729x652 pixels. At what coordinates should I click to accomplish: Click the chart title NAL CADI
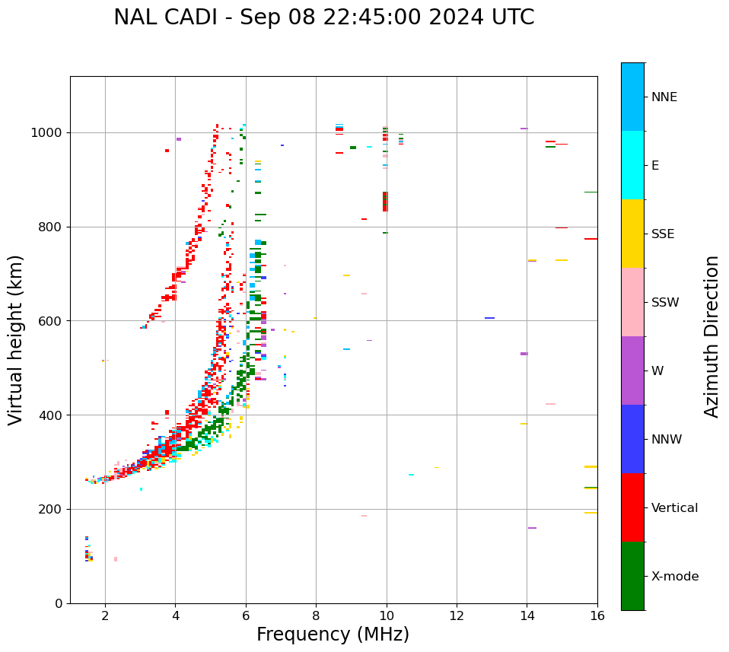click(x=323, y=17)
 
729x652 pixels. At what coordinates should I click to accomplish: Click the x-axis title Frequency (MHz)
click(x=333, y=635)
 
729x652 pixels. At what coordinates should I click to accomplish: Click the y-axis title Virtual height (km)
click(x=16, y=339)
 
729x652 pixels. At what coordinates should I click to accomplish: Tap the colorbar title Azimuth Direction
click(x=711, y=336)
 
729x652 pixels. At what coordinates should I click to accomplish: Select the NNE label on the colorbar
click(x=664, y=97)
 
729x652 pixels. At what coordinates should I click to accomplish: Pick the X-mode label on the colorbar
click(x=674, y=577)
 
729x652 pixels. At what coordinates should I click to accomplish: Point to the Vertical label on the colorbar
click(x=674, y=508)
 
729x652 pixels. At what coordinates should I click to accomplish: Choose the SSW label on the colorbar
click(x=665, y=303)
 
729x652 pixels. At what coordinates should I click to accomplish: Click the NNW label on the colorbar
click(x=667, y=440)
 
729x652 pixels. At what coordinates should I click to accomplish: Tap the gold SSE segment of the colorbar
click(x=632, y=234)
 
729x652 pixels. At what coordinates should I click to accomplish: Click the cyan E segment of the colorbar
click(x=632, y=165)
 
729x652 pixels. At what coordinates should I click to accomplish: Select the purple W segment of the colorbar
click(x=632, y=371)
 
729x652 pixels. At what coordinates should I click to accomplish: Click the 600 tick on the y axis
click(x=53, y=321)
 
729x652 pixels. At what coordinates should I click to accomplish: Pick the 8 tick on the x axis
click(x=316, y=615)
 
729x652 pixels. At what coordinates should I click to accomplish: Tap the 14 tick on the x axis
click(x=527, y=615)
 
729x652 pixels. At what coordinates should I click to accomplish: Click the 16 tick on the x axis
click(x=597, y=615)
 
